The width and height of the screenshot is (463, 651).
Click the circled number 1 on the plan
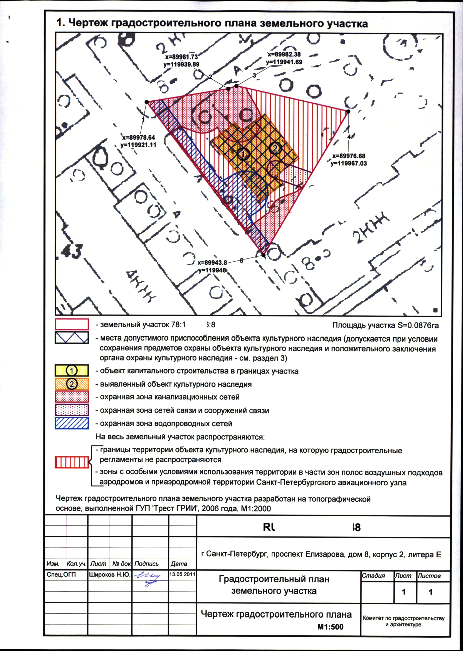(x=243, y=154)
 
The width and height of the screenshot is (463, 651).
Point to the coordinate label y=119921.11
(x=138, y=145)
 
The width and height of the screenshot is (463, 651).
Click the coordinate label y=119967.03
(x=349, y=164)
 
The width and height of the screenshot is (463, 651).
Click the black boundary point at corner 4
(x=348, y=111)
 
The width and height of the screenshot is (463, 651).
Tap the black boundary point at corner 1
(x=147, y=102)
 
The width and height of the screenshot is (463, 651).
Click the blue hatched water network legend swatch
(x=72, y=423)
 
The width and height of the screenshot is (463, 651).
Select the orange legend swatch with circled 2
(x=72, y=384)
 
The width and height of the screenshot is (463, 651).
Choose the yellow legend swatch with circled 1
(x=72, y=370)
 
